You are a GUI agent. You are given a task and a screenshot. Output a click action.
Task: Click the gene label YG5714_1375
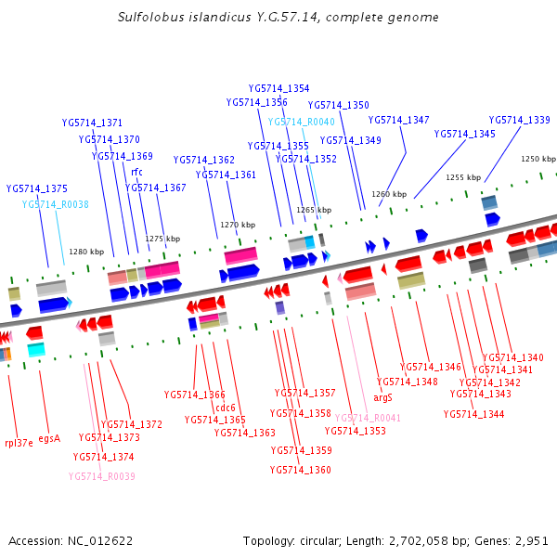pos(36,188)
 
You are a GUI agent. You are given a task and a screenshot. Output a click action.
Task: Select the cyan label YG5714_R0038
pos(55,204)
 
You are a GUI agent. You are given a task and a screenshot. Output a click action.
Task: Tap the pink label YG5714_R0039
pos(101,476)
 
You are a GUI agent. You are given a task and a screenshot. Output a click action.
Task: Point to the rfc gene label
pos(136,172)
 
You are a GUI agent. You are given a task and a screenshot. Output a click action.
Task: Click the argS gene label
pos(382,397)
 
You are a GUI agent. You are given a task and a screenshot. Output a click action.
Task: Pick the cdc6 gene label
pos(226,408)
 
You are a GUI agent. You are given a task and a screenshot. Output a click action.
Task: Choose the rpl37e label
pos(19,443)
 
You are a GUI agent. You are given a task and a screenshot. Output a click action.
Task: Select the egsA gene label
pos(49,438)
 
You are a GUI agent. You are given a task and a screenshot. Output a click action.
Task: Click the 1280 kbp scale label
pos(86,252)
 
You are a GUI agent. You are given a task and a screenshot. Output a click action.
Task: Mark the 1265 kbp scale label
pos(314,211)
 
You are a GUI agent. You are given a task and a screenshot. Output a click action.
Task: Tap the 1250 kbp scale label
pos(538,160)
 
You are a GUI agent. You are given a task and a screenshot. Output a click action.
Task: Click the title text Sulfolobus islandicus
pos(175,18)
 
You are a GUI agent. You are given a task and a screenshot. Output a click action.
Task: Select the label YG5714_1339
pos(519,120)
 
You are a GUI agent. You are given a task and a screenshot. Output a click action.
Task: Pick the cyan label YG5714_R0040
pos(301,122)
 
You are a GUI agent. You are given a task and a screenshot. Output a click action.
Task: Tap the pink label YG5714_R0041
pos(368,419)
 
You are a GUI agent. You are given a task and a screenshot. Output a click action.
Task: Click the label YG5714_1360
pos(300,470)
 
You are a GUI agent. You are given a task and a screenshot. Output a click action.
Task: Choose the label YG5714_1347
pos(398,120)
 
